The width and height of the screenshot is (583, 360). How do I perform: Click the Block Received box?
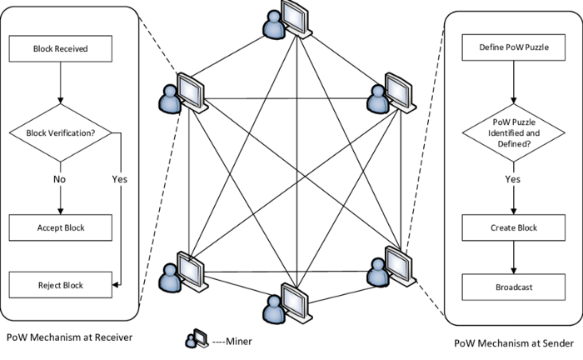pyautogui.click(x=60, y=47)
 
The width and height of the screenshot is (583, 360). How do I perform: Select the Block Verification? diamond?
pyautogui.click(x=60, y=132)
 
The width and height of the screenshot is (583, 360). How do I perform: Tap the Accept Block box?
pyautogui.click(x=60, y=226)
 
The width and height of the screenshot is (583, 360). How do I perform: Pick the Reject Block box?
pyautogui.click(x=60, y=286)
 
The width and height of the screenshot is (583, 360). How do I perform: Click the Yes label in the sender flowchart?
pyautogui.click(x=512, y=177)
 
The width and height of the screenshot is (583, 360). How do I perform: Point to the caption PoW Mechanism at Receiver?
pyautogui.click(x=69, y=337)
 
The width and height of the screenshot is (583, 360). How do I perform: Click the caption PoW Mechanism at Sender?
pyautogui.click(x=513, y=343)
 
